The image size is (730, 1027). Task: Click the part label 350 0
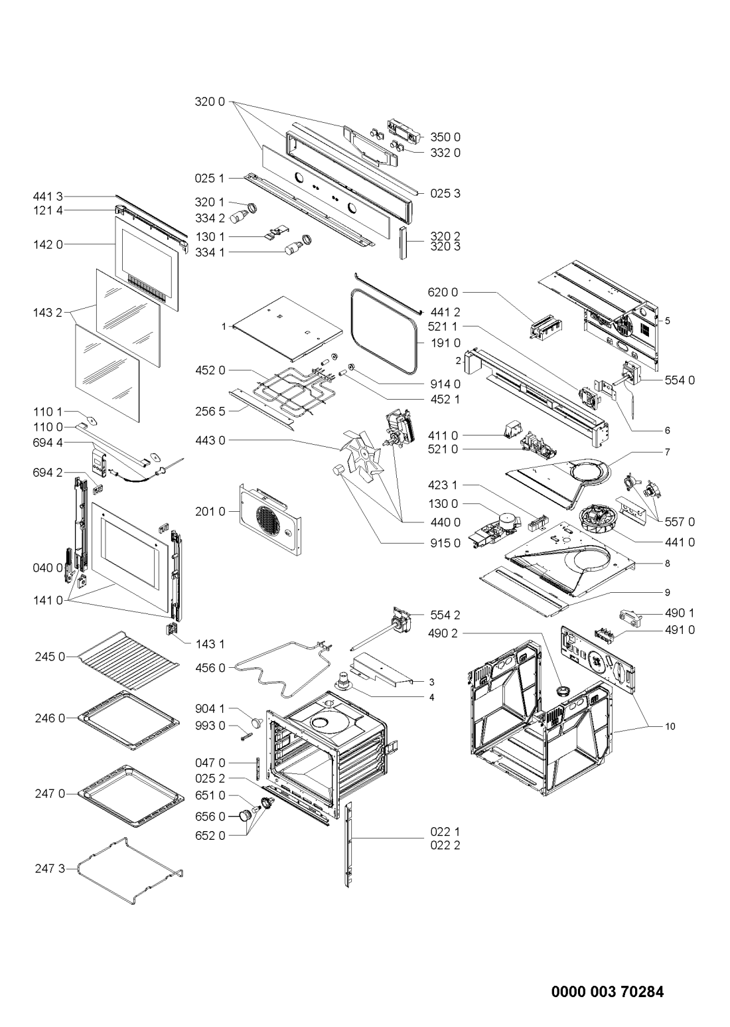pyautogui.click(x=445, y=137)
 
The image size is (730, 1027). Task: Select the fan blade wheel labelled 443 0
pyautogui.click(x=362, y=454)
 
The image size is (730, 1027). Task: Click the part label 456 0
pyautogui.click(x=210, y=668)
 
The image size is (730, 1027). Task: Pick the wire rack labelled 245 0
pyautogui.click(x=131, y=660)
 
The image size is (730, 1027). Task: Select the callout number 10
pyautogui.click(x=670, y=726)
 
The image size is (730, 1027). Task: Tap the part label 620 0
pyautogui.click(x=443, y=292)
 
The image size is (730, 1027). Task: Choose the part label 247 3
pyautogui.click(x=50, y=868)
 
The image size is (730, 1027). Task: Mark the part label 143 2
pyautogui.click(x=48, y=313)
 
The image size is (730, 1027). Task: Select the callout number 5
pyautogui.click(x=667, y=321)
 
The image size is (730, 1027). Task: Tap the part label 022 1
pyautogui.click(x=445, y=831)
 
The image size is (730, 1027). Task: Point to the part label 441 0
pyautogui.click(x=680, y=542)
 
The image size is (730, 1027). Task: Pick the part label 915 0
pyautogui.click(x=445, y=543)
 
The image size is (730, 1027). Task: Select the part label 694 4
pyautogui.click(x=48, y=443)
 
